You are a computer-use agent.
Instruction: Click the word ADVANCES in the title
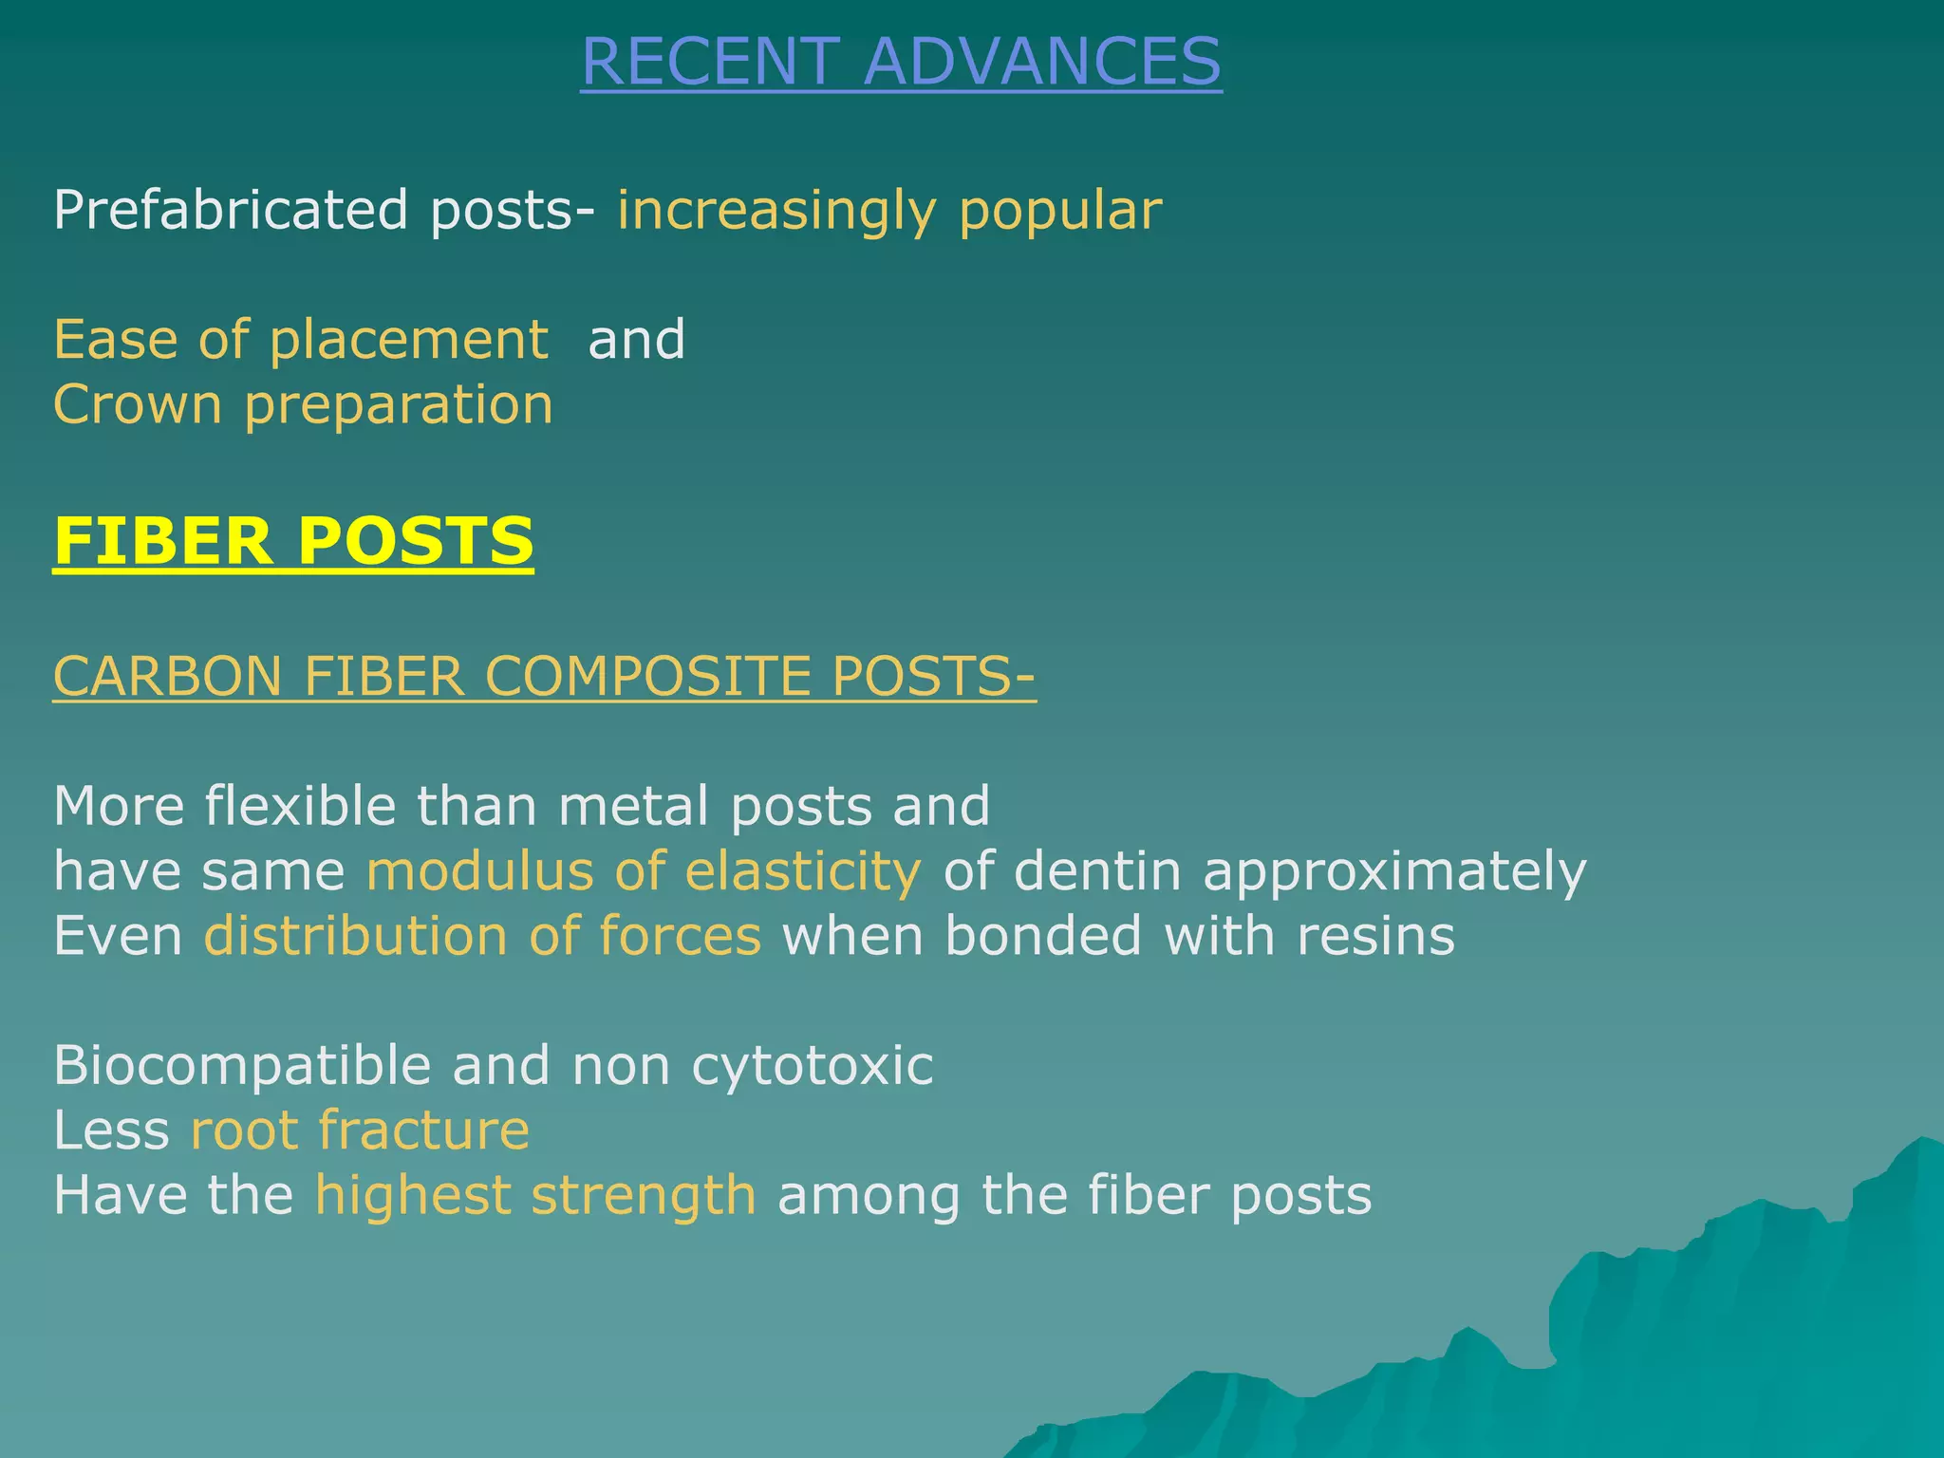(1042, 62)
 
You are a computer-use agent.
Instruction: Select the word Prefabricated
(231, 210)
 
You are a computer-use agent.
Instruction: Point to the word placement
(408, 341)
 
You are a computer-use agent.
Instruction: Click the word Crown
(137, 404)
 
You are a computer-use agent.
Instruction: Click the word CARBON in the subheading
(168, 677)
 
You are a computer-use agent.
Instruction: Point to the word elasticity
(802, 871)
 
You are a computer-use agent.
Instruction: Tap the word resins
(1375, 936)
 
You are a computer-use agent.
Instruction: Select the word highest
(413, 1195)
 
